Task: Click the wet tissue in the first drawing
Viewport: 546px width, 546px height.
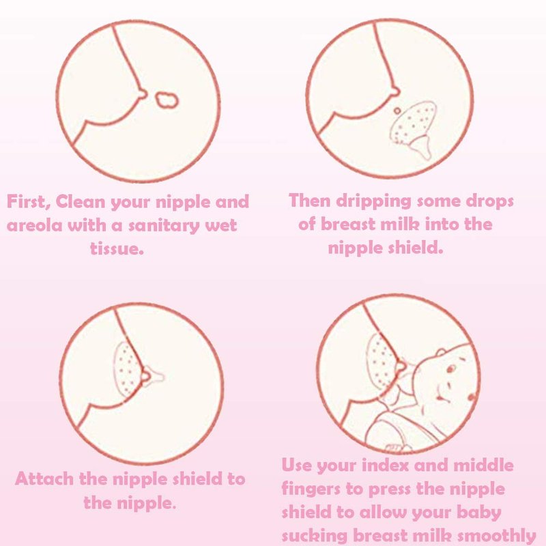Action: tap(167, 100)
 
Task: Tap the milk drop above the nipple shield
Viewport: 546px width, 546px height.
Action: tap(397, 111)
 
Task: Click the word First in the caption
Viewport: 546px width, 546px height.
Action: tap(28, 201)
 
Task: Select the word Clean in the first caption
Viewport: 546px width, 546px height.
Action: tap(80, 201)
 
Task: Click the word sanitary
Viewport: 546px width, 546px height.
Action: tap(164, 226)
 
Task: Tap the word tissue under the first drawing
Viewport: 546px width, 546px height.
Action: tap(117, 248)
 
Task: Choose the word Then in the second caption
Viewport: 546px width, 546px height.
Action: tap(310, 201)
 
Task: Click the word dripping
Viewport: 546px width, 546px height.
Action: tap(373, 201)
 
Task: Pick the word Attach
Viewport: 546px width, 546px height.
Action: tap(44, 479)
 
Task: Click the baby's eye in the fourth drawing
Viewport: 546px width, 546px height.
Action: tap(451, 369)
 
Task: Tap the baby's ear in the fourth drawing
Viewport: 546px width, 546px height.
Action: tap(441, 352)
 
